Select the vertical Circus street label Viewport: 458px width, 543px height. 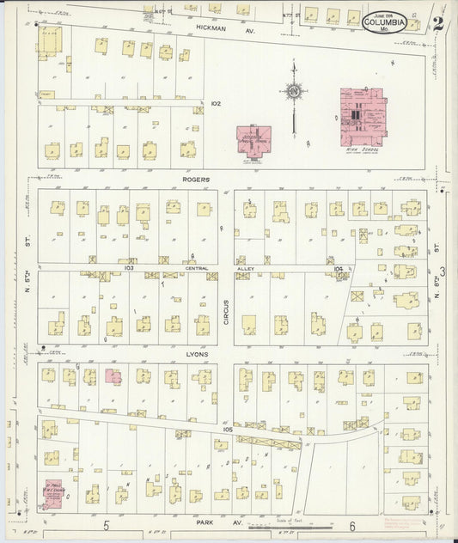226,308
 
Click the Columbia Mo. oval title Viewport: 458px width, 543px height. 384,21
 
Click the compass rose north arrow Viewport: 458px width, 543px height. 293,90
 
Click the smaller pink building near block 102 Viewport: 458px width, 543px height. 253,140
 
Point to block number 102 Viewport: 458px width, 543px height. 215,103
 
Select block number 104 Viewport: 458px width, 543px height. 338,268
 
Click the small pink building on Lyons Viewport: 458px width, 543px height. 113,375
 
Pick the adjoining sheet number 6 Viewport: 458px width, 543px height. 351,525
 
